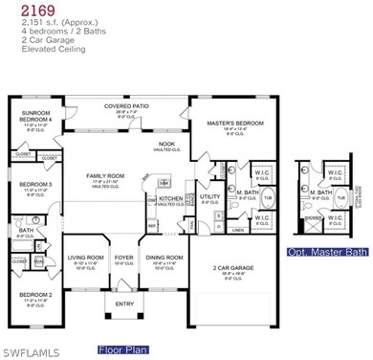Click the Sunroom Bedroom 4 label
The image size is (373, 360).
[34, 115]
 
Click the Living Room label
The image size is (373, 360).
[85, 257]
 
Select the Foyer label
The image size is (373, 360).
[124, 257]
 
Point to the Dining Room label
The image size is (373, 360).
[164, 257]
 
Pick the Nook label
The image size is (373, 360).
[166, 144]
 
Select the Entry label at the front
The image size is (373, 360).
[125, 304]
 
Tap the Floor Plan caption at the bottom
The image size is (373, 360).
[124, 349]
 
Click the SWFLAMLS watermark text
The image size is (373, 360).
[30, 351]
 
